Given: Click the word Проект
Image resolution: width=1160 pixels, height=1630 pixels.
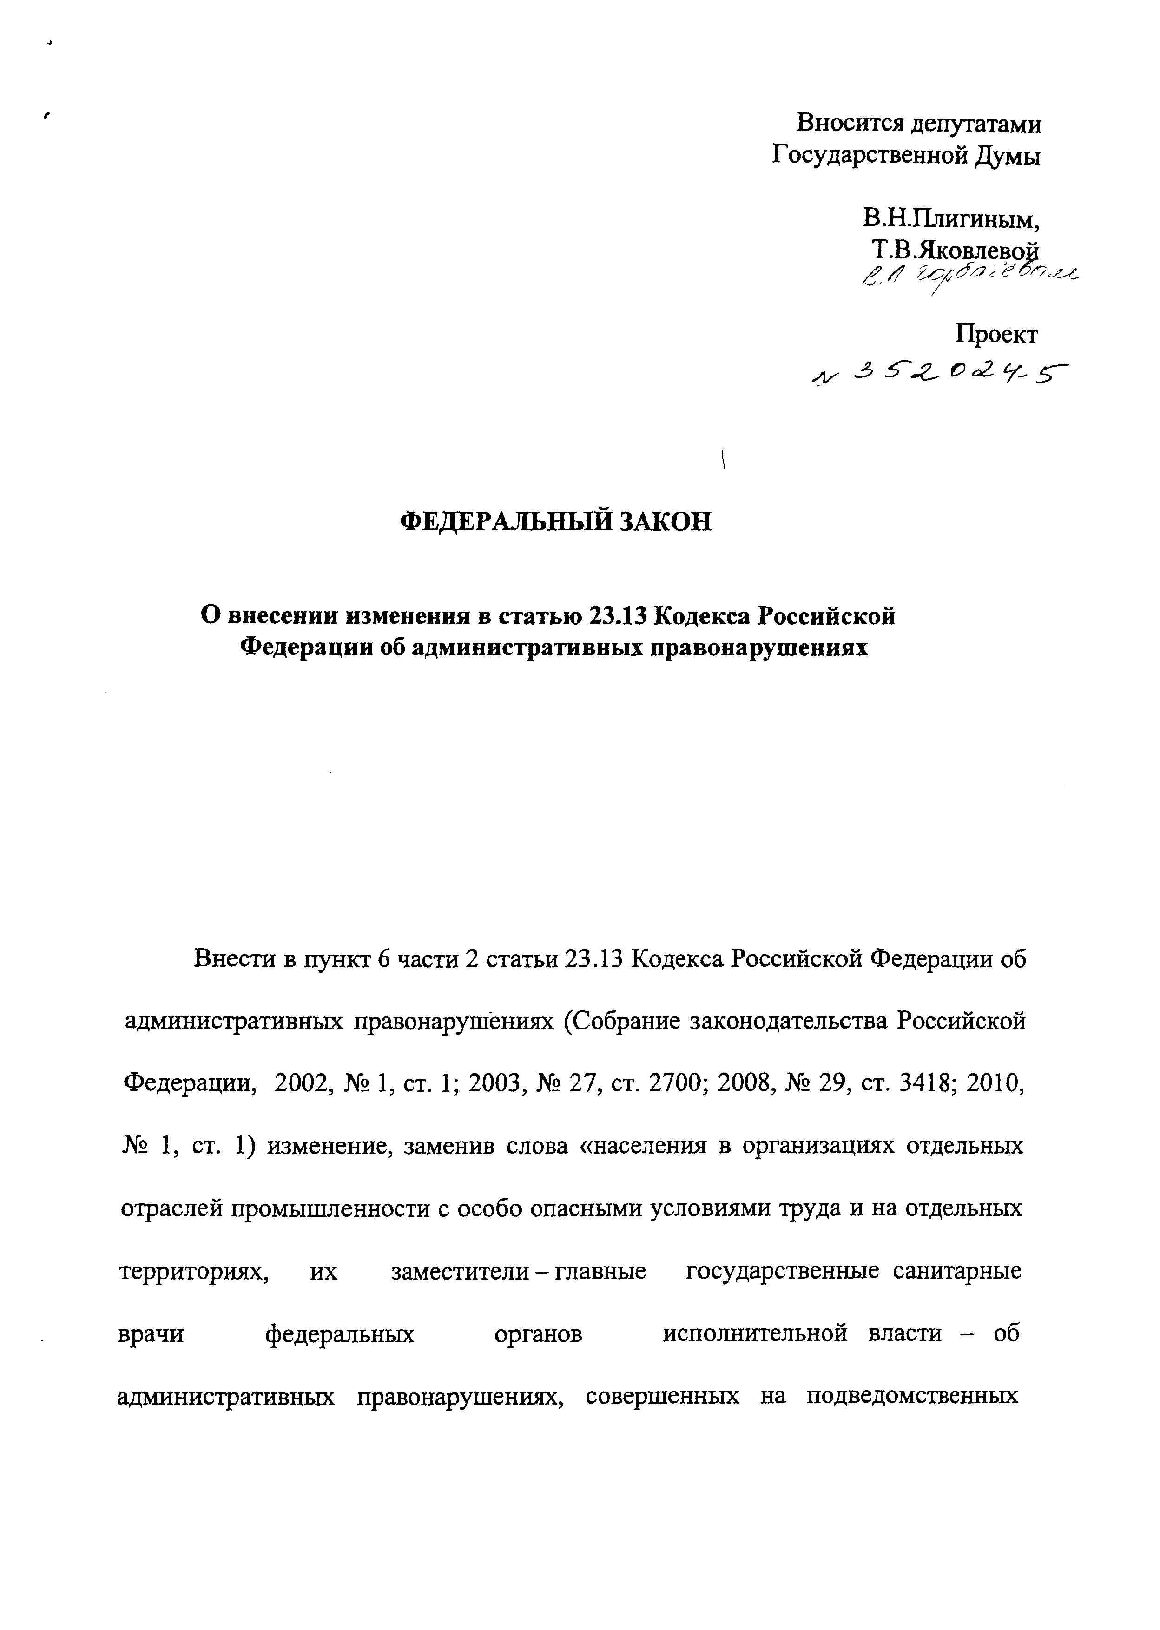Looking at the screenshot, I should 997,334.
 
